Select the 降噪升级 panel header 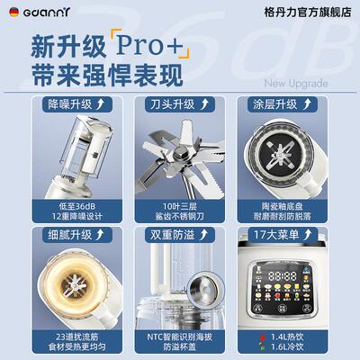(76, 104)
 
